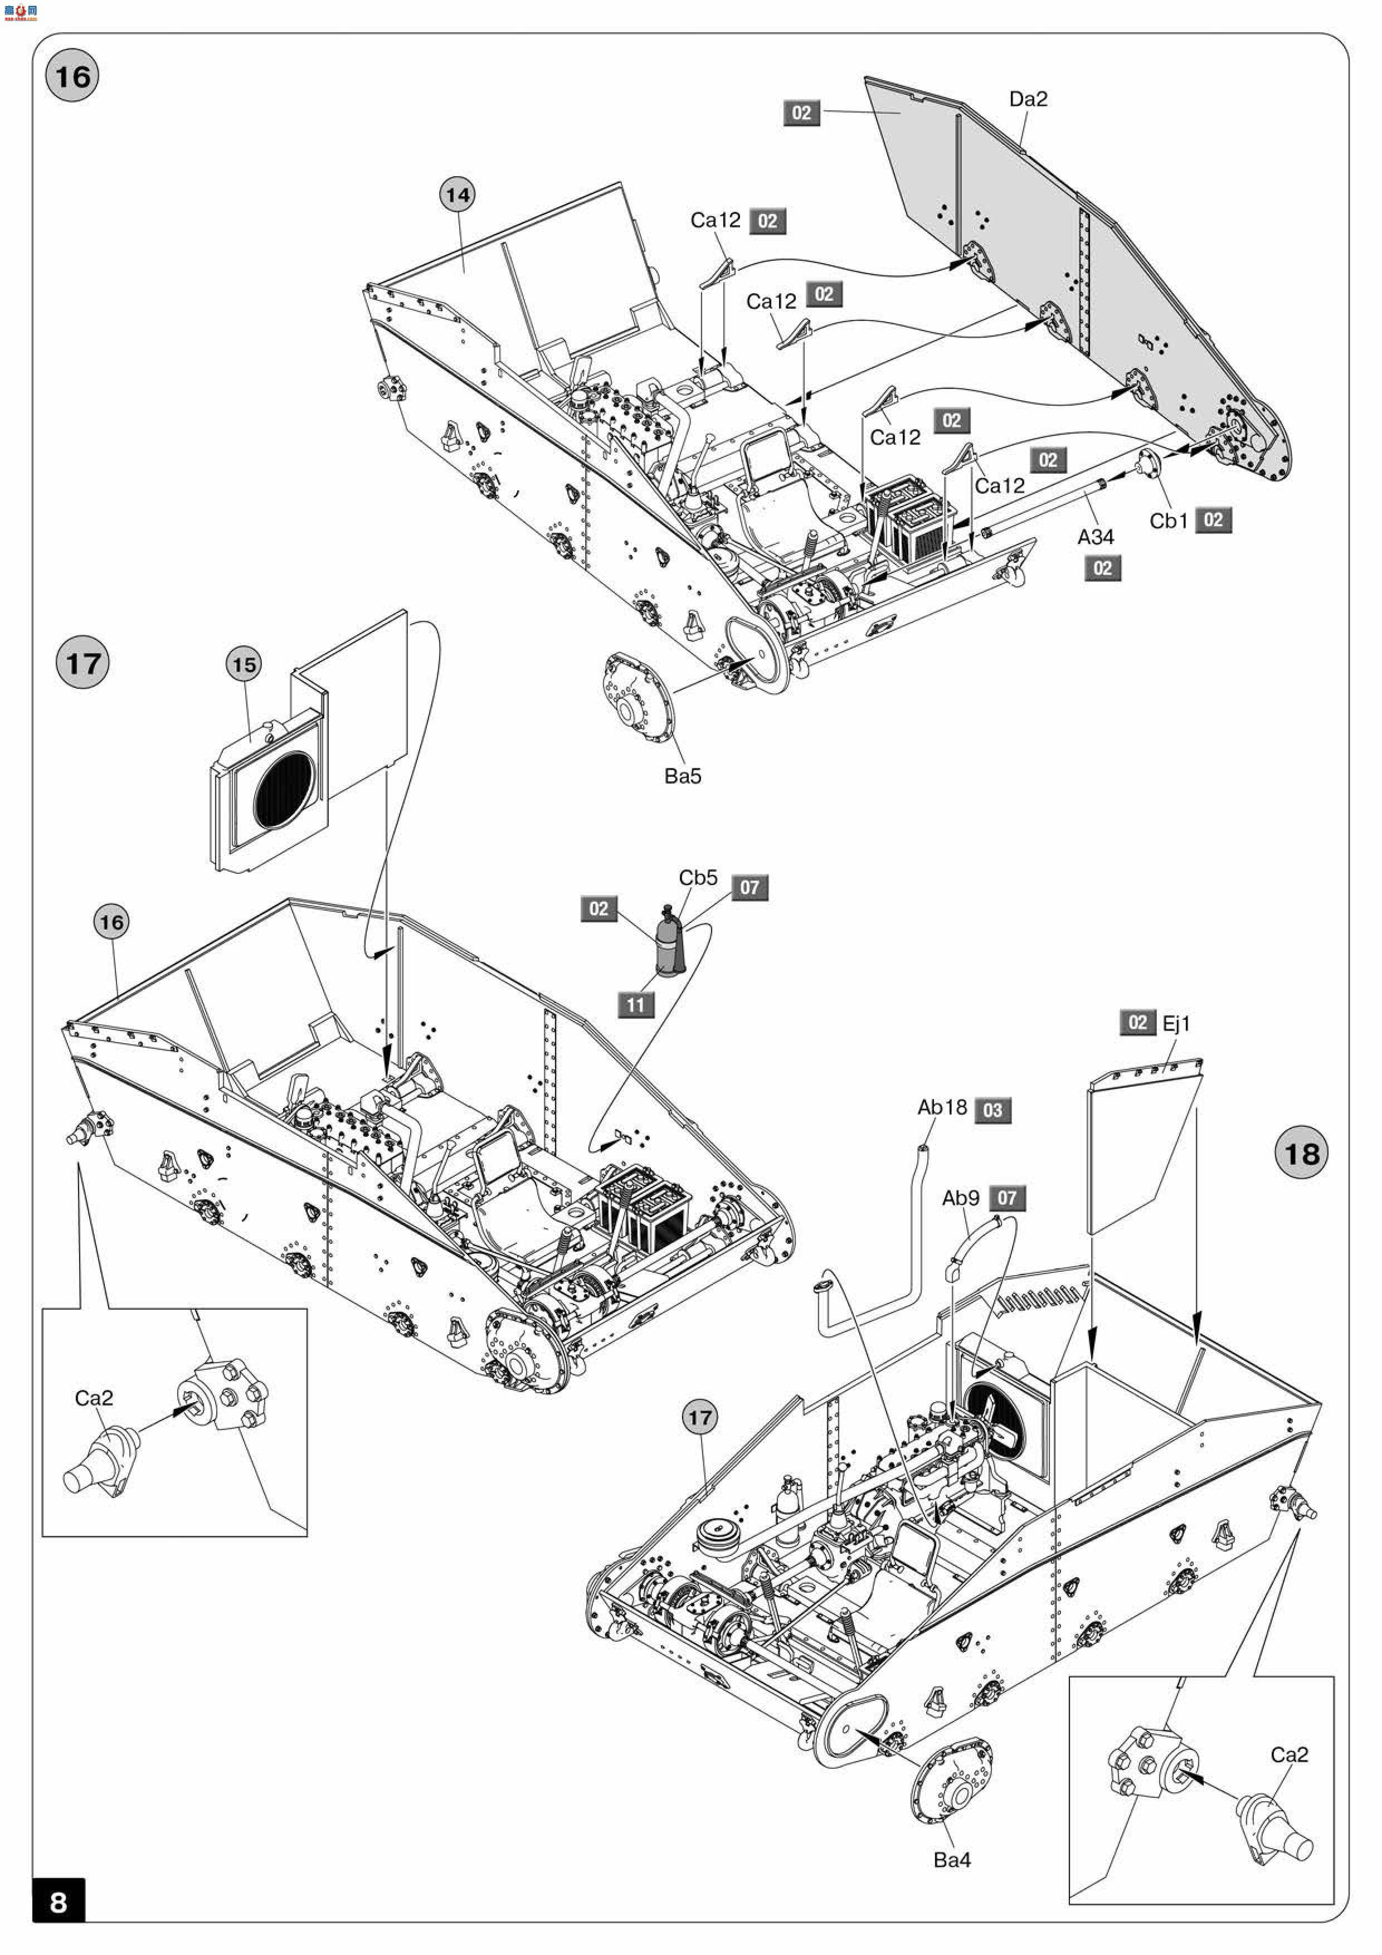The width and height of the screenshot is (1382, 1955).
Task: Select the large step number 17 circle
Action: (x=82, y=663)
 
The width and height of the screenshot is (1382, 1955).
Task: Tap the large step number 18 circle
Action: (x=1301, y=1153)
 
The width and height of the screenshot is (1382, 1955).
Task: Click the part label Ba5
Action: (x=683, y=776)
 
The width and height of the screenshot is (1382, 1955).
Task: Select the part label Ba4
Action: (x=951, y=1860)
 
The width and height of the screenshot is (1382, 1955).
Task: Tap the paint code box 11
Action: (x=635, y=1005)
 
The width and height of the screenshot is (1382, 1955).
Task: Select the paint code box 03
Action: (x=993, y=1110)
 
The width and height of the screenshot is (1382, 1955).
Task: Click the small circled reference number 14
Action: (x=458, y=195)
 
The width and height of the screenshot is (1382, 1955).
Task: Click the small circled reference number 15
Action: (x=245, y=664)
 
